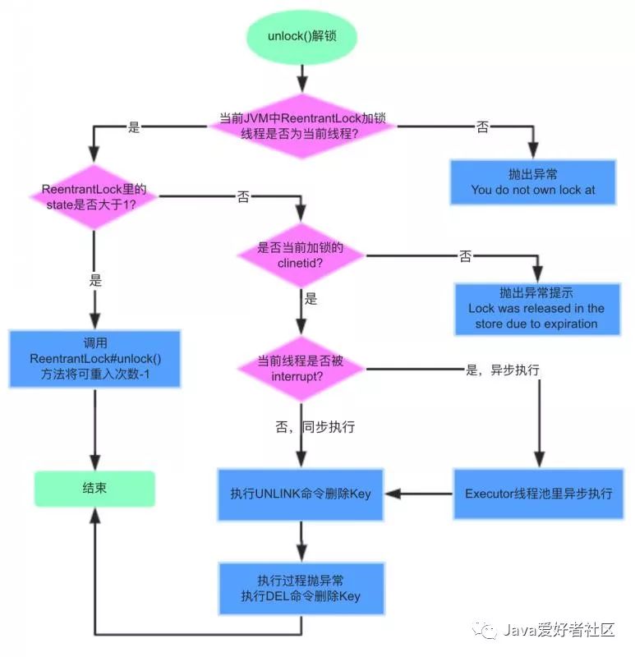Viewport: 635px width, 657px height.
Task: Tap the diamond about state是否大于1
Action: (94, 196)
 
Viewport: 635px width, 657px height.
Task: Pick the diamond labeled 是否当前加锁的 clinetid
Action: (301, 255)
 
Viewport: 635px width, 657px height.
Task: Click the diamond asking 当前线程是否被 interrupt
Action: (301, 369)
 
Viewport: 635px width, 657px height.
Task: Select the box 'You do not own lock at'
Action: (532, 182)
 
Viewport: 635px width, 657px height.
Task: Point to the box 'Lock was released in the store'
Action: (536, 308)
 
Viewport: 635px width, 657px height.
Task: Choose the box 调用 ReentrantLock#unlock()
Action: (93, 359)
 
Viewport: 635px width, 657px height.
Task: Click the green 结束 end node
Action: (94, 489)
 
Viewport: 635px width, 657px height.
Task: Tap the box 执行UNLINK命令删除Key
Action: (301, 494)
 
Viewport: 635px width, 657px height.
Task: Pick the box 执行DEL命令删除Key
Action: (301, 588)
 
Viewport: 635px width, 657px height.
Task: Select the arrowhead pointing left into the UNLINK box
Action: (393, 494)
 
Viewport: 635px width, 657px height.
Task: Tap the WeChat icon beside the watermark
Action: (488, 631)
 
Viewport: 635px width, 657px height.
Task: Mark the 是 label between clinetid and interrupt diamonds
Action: (311, 299)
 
